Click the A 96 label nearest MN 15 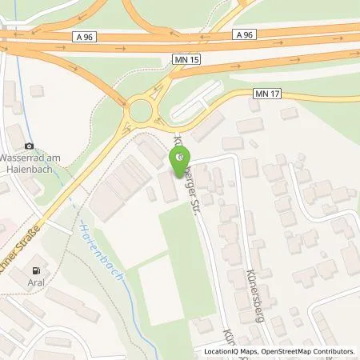click(x=245, y=34)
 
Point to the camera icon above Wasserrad click(x=30, y=146)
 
